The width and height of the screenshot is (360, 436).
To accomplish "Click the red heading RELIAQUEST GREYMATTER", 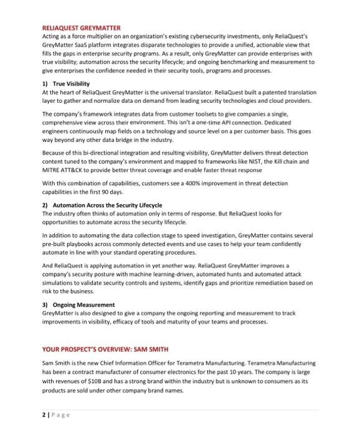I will point(81,27).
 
